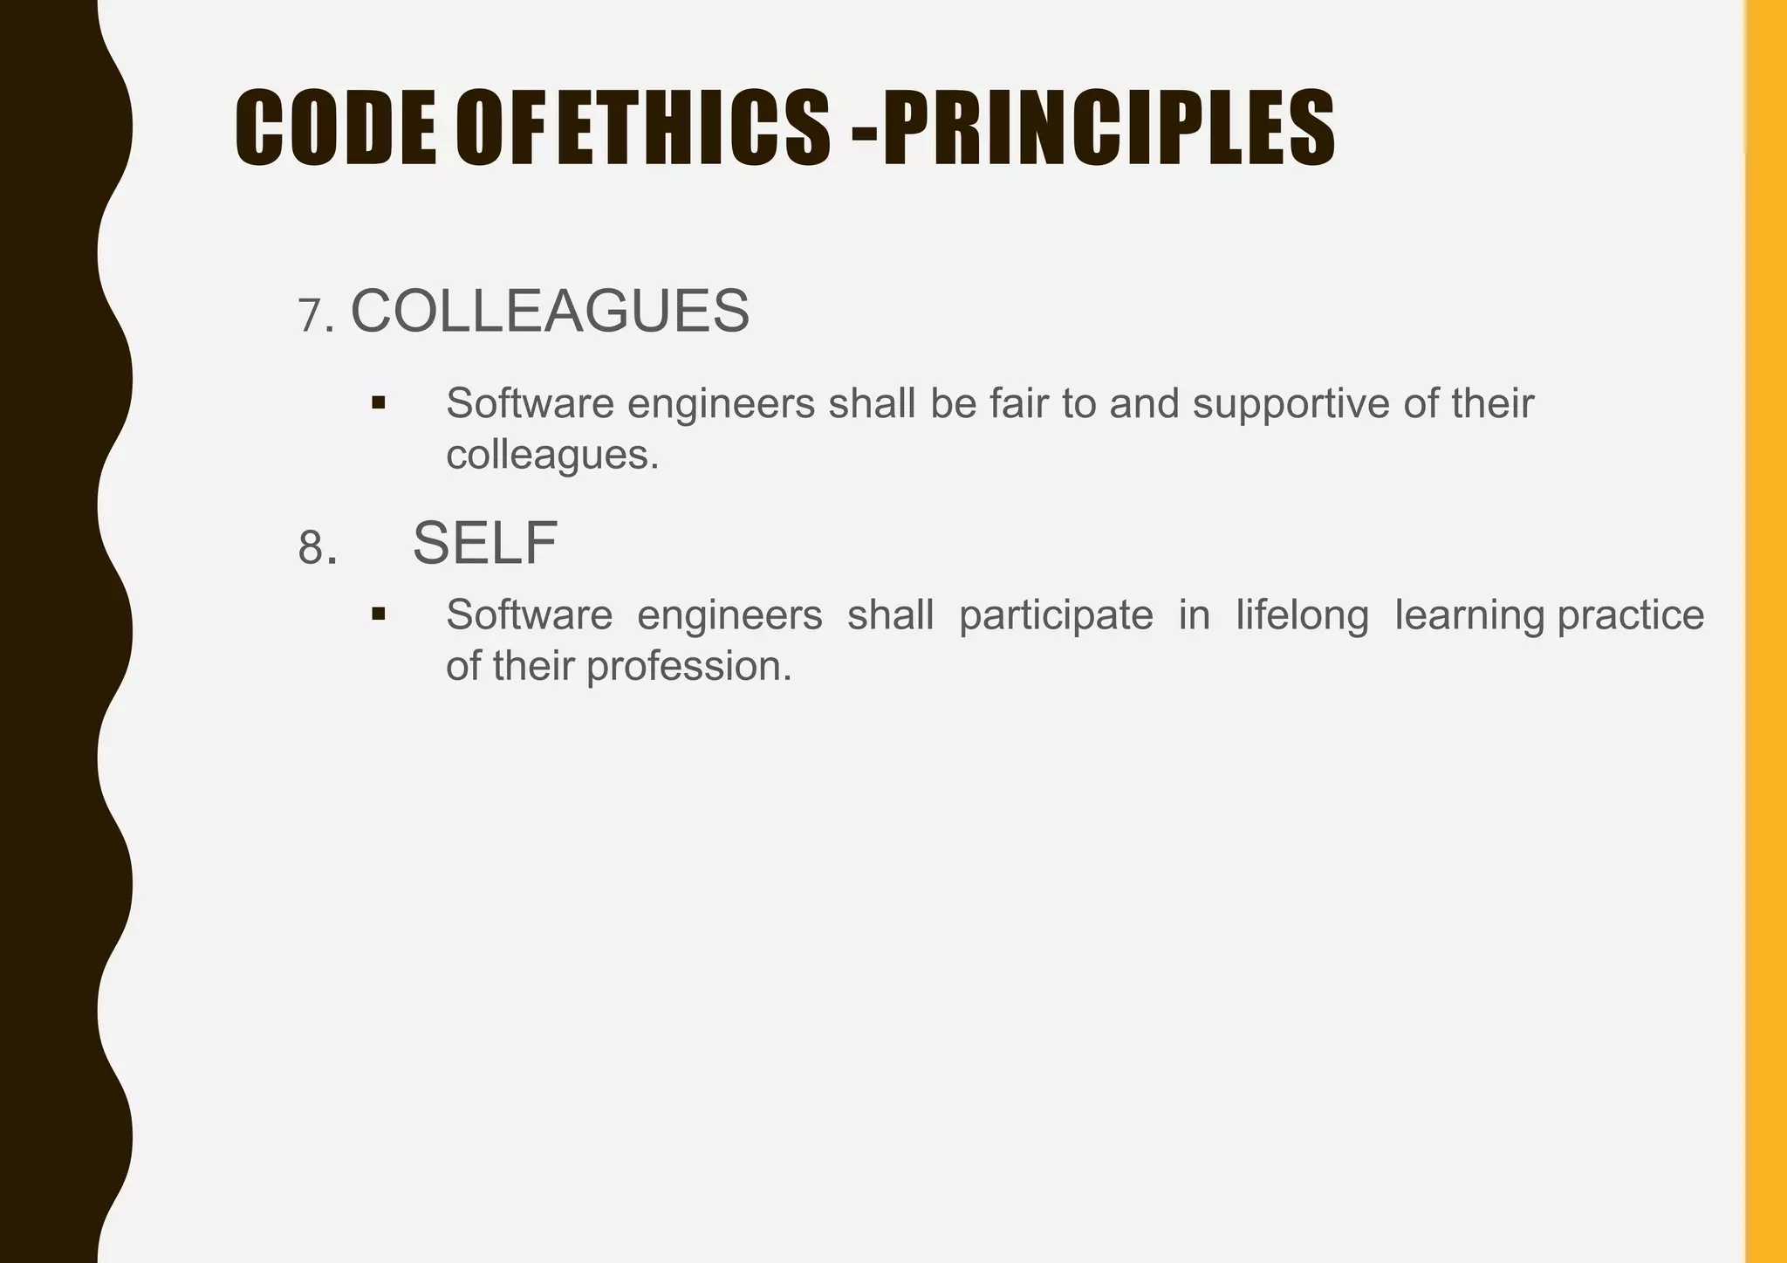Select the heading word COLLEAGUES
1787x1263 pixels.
(x=550, y=312)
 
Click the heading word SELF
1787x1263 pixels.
(x=485, y=543)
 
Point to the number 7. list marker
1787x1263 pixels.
(x=316, y=316)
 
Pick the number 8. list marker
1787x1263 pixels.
(x=318, y=548)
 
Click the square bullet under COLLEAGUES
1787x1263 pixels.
(x=378, y=402)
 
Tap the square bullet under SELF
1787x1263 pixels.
(x=378, y=614)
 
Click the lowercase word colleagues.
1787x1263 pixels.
(x=551, y=455)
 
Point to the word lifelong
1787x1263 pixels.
(x=1302, y=615)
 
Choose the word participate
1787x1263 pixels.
(x=1056, y=615)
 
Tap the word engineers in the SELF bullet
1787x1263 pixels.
(x=729, y=615)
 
